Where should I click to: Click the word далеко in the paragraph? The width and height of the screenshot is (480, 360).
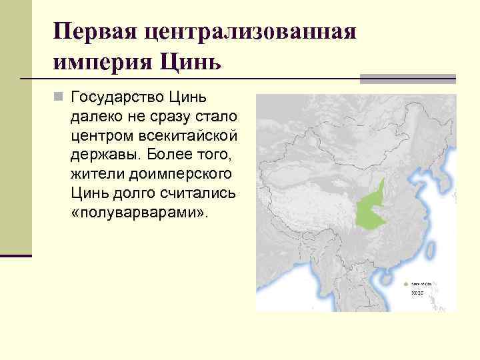click(x=94, y=117)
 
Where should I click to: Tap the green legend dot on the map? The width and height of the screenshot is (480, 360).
click(x=406, y=283)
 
